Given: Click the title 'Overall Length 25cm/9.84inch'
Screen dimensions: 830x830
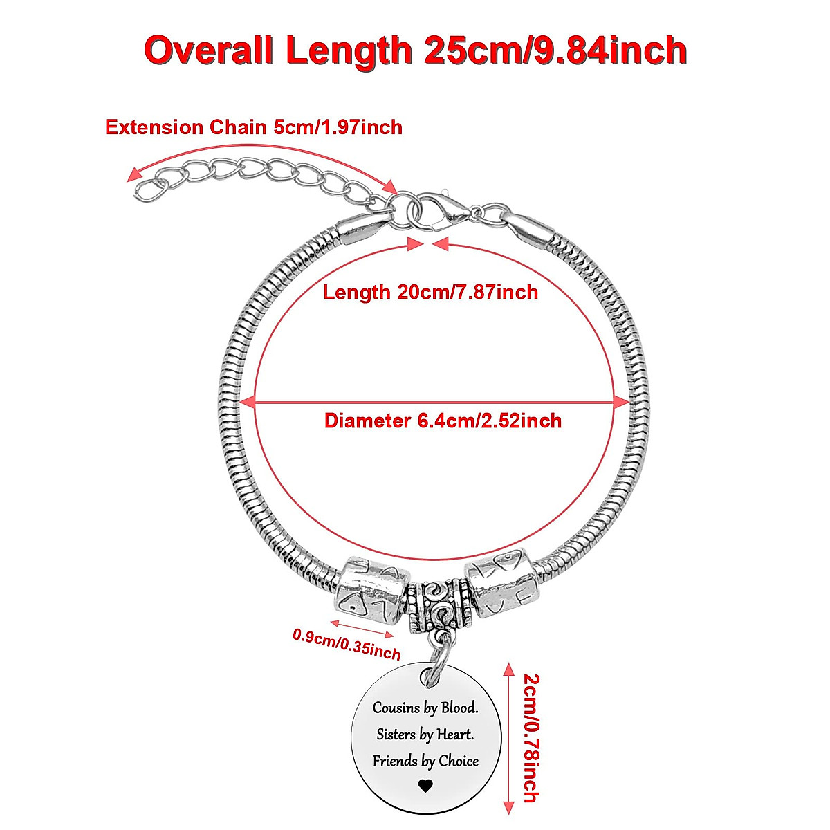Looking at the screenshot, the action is click(x=415, y=50).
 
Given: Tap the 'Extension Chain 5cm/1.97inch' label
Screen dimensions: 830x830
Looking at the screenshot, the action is click(x=253, y=127).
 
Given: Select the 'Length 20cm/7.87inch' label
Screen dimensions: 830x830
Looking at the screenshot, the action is click(x=430, y=292).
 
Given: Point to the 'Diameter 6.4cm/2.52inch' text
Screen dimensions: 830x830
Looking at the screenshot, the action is click(x=443, y=421).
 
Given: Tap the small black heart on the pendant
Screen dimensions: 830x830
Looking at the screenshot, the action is click(x=425, y=785).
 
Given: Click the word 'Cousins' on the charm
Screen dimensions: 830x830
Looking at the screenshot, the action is click(x=396, y=708).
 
